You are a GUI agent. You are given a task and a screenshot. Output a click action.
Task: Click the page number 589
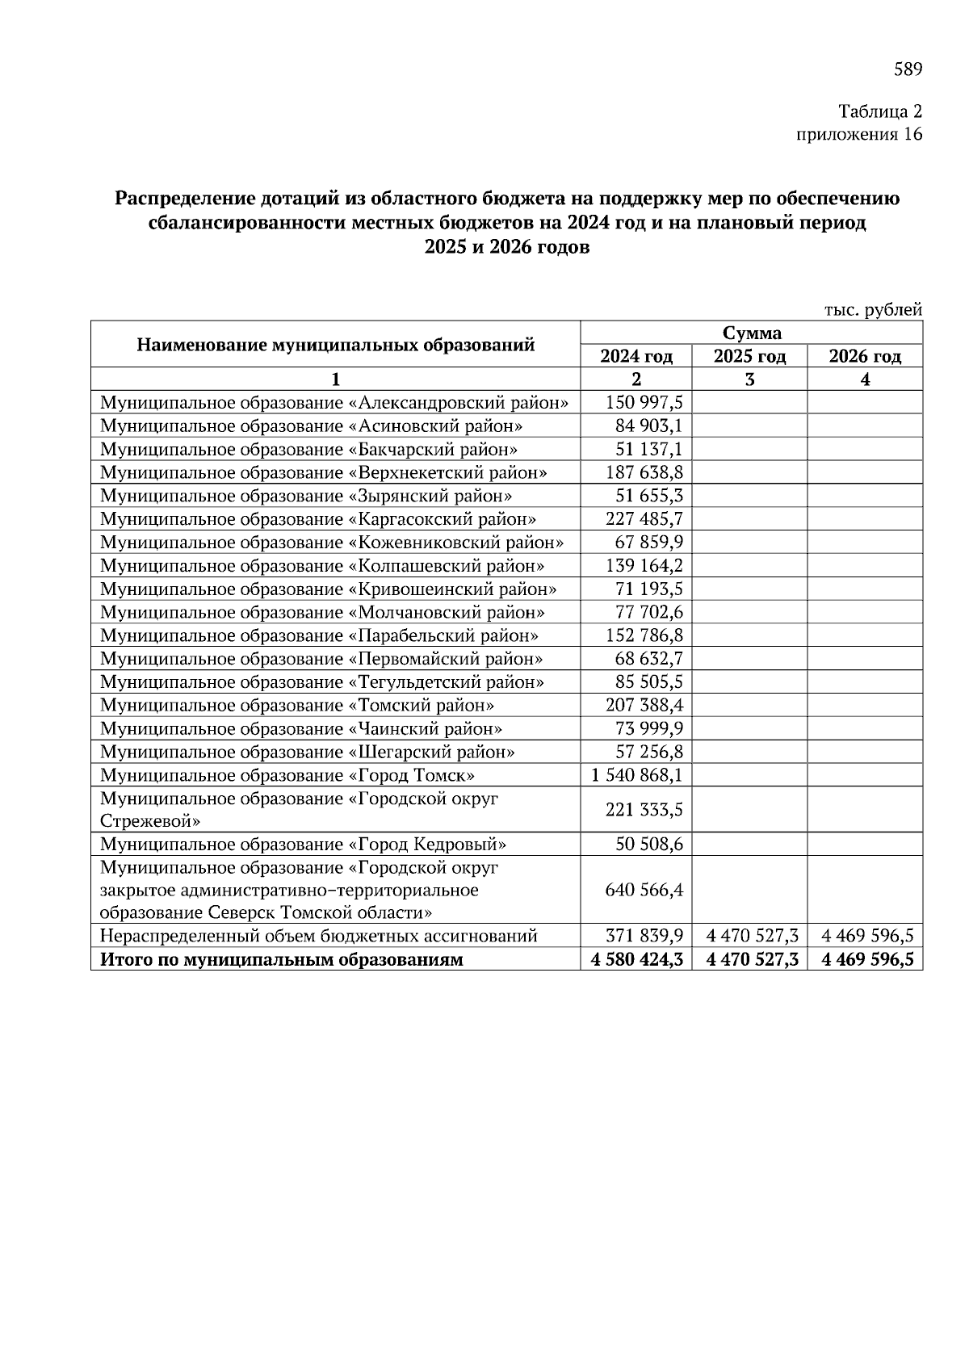coord(907,69)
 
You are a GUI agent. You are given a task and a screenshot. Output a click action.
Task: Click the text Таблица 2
coord(879,111)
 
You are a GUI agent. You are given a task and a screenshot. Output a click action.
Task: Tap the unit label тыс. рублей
coord(872,309)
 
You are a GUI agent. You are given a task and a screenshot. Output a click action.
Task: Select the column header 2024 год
coord(636,356)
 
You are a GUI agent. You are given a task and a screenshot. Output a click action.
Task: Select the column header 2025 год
coord(749,356)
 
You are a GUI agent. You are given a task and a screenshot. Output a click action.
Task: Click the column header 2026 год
coord(865,356)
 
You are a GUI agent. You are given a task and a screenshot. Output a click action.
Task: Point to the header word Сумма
coord(751,333)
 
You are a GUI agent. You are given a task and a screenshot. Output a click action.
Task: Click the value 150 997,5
coord(644,402)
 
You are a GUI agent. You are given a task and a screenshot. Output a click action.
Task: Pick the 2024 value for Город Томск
coord(637,775)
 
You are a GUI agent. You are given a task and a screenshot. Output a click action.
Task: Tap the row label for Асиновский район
coord(311,426)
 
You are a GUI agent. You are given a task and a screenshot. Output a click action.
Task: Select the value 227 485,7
coord(644,518)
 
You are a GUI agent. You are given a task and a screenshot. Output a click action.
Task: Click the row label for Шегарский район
coord(307,752)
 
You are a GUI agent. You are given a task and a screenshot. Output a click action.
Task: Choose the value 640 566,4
coord(644,890)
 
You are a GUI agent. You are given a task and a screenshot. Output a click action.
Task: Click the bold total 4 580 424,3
coord(637,960)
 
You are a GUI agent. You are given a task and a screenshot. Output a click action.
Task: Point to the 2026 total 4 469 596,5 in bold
coord(867,960)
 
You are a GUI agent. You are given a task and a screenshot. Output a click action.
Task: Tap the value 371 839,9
coord(644,936)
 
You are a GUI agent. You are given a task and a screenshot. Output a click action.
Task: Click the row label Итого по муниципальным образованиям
coord(281,960)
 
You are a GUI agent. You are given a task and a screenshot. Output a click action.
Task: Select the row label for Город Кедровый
coord(303,845)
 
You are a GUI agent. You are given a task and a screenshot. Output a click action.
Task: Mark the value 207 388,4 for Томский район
coord(644,705)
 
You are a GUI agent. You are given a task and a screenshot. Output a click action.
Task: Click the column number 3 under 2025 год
coord(749,379)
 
